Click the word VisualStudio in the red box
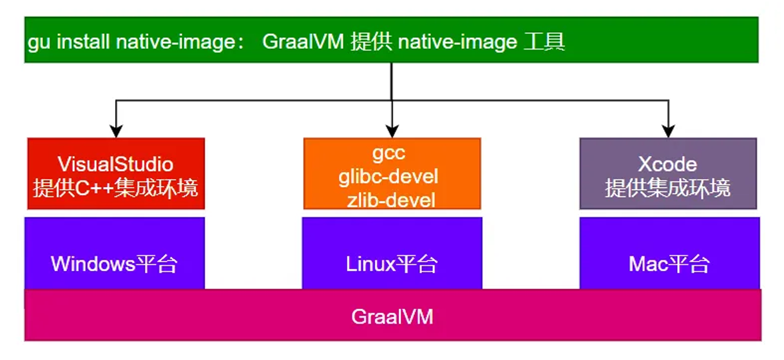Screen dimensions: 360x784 click(x=116, y=163)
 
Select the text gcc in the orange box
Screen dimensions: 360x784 click(x=392, y=155)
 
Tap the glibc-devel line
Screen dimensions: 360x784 click(x=392, y=176)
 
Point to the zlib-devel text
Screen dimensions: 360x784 click(x=392, y=199)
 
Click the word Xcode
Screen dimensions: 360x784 click(x=667, y=164)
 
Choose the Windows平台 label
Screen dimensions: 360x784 click(x=114, y=264)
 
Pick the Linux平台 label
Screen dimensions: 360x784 click(x=392, y=264)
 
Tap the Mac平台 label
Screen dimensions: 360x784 click(x=669, y=264)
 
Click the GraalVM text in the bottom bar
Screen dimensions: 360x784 click(x=392, y=317)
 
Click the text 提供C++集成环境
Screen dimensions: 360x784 click(x=116, y=188)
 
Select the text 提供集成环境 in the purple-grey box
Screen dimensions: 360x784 click(x=668, y=188)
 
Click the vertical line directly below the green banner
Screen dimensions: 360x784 click(x=392, y=81)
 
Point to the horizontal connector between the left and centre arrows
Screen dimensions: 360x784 click(x=251, y=100)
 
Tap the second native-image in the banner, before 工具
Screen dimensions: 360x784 click(x=457, y=43)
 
